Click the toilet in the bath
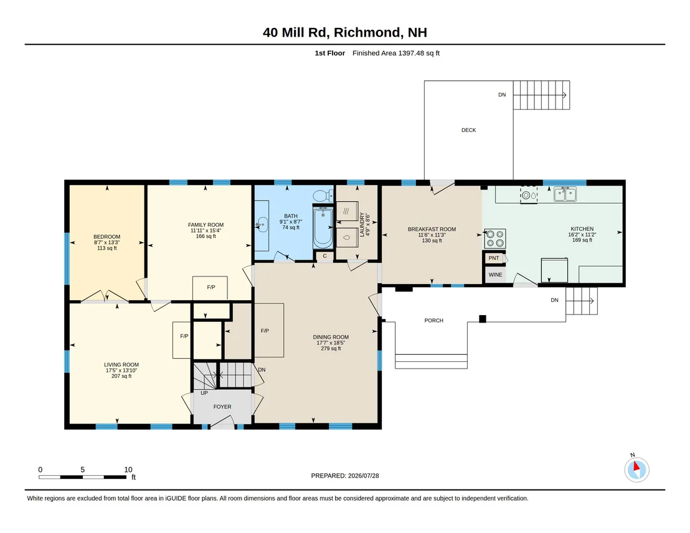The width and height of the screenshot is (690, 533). [323, 195]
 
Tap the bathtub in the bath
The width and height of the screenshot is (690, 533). [323, 227]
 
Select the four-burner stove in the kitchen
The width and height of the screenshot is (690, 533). [495, 238]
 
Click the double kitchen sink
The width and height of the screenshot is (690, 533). [565, 194]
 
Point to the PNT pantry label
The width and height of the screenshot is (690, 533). [494, 258]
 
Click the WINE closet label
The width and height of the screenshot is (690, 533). [495, 275]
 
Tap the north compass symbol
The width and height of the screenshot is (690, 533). [636, 469]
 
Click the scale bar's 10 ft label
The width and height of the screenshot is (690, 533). [128, 469]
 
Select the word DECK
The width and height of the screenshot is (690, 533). [469, 130]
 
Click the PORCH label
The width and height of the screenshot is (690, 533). [434, 321]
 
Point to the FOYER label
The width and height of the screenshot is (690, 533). [222, 407]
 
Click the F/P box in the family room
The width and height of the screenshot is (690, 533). [210, 288]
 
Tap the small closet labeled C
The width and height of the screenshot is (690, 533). [324, 256]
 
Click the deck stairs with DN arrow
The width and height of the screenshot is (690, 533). [541, 95]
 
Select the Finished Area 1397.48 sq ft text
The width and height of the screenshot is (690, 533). [396, 54]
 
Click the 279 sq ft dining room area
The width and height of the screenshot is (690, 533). [331, 349]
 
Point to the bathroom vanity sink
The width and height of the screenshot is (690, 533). [262, 225]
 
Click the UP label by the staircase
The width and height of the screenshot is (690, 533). [204, 393]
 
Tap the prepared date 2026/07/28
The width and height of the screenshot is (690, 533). [364, 476]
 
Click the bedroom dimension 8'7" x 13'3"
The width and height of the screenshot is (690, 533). [107, 242]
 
